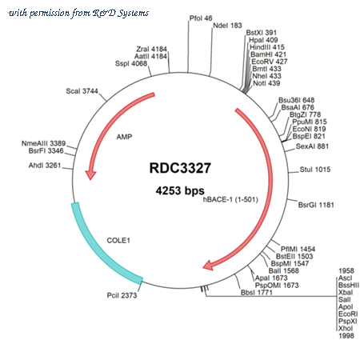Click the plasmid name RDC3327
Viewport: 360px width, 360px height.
(x=180, y=168)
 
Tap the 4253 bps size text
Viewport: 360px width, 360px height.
(x=180, y=190)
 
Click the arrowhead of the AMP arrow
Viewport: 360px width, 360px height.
(x=90, y=175)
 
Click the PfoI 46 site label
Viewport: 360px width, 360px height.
(x=201, y=18)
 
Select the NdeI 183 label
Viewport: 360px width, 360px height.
(x=227, y=26)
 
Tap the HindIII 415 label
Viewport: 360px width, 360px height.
(x=267, y=47)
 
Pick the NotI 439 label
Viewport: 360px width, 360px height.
(x=266, y=83)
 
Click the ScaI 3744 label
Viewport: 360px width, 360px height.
(x=82, y=91)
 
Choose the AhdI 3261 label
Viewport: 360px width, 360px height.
(x=45, y=166)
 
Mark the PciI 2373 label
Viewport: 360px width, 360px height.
(x=122, y=295)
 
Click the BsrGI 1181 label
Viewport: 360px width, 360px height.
(x=316, y=205)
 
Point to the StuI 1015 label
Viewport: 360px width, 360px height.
(x=315, y=170)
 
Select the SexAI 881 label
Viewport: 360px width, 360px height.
(x=312, y=146)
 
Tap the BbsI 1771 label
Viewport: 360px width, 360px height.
(x=257, y=293)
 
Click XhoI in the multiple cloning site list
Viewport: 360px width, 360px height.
(x=346, y=329)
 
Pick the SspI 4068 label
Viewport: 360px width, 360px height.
(x=131, y=64)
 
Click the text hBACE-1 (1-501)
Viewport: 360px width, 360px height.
(x=230, y=199)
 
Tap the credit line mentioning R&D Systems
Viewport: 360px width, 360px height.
(x=78, y=13)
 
